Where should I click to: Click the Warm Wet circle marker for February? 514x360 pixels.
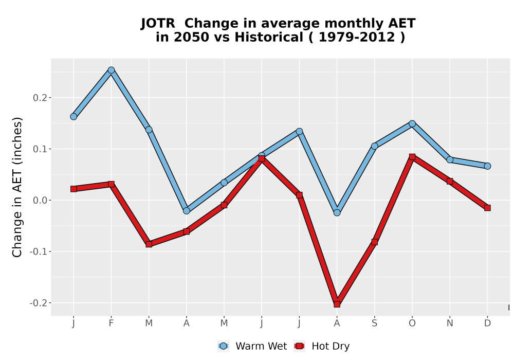pyautogui.click(x=111, y=70)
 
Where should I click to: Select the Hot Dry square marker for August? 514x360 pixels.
pyautogui.click(x=337, y=304)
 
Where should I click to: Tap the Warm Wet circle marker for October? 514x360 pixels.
pyautogui.click(x=412, y=123)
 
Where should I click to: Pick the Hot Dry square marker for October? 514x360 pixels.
pyautogui.click(x=412, y=157)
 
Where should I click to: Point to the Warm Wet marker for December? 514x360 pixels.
pyautogui.click(x=487, y=166)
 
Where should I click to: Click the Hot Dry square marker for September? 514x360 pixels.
pyautogui.click(x=374, y=242)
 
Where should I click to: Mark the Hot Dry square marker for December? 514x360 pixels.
pyautogui.click(x=487, y=208)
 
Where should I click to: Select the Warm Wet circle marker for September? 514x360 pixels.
pyautogui.click(x=374, y=146)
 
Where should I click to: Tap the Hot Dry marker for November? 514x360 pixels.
pyautogui.click(x=450, y=182)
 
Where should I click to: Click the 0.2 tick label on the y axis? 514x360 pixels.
pyautogui.click(x=40, y=98)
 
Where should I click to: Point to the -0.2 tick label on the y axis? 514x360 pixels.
pyautogui.click(x=38, y=302)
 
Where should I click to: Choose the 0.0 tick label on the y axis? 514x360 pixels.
pyautogui.click(x=40, y=201)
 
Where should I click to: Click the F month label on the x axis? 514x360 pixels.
pyautogui.click(x=111, y=323)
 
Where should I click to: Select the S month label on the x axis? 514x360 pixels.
pyautogui.click(x=374, y=323)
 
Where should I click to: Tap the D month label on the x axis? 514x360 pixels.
pyautogui.click(x=487, y=323)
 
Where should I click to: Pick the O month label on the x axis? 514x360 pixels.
pyautogui.click(x=412, y=323)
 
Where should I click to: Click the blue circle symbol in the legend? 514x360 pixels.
pyautogui.click(x=223, y=346)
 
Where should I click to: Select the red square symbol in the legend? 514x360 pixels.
pyautogui.click(x=299, y=346)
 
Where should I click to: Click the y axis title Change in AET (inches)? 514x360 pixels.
pyautogui.click(x=17, y=187)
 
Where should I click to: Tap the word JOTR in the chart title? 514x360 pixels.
pyautogui.click(x=158, y=24)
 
